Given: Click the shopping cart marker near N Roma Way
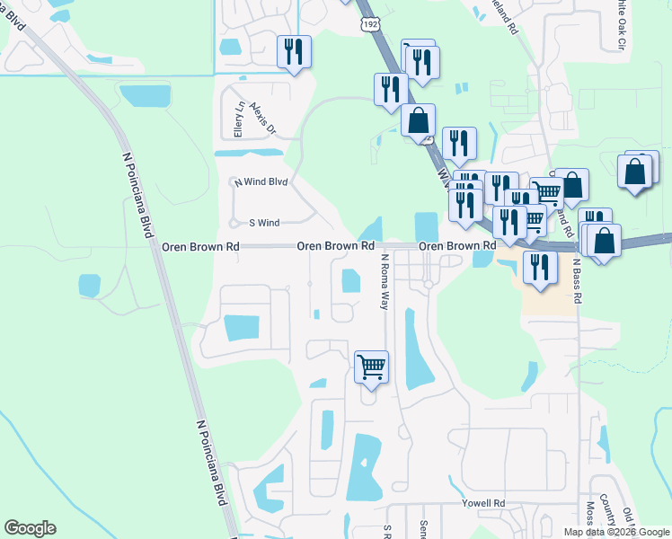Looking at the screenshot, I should click(371, 367).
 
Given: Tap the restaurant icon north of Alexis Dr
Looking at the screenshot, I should click(294, 51).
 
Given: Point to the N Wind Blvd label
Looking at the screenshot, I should click(261, 181).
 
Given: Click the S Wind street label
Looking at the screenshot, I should click(264, 222).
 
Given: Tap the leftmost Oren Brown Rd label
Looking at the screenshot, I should click(200, 246).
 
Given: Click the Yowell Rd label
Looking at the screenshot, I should click(484, 504).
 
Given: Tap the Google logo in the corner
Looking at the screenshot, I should click(30, 528).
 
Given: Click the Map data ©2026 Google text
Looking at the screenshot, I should click(615, 532).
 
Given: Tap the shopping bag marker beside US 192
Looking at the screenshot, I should click(418, 120).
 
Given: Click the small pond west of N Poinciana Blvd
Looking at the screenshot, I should click(89, 286).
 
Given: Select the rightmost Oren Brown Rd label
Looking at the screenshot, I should click(458, 245).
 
